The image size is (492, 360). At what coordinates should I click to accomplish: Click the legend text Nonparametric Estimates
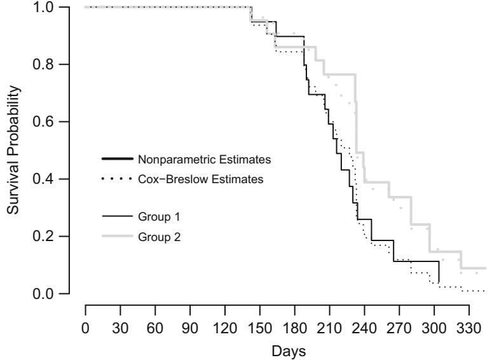[191, 158]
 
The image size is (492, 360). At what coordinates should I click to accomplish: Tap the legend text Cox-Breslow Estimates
[191, 179]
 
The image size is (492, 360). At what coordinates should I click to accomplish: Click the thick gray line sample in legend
[117, 237]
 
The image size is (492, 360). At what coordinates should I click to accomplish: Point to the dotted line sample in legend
[117, 179]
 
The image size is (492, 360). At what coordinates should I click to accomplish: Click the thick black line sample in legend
[117, 158]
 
